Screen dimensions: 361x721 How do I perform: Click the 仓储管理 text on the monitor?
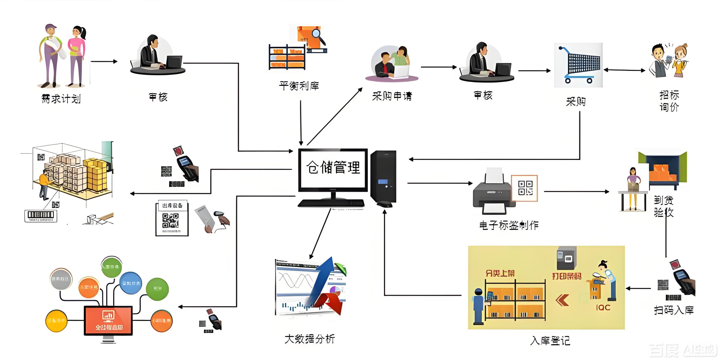[333, 167]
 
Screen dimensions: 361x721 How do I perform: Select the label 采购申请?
[392, 96]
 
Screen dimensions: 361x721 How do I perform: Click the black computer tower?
[383, 176]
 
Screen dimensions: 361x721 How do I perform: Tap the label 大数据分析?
[309, 339]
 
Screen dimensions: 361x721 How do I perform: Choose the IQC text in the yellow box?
[603, 307]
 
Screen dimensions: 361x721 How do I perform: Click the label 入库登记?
[550, 340]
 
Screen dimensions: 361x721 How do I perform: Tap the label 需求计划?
[61, 99]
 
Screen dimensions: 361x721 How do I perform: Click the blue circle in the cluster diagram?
[130, 283]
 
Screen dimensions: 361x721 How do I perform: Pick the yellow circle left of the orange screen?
[56, 320]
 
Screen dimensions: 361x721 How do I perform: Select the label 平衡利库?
[299, 86]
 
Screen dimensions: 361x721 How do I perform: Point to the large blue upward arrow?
[322, 283]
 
